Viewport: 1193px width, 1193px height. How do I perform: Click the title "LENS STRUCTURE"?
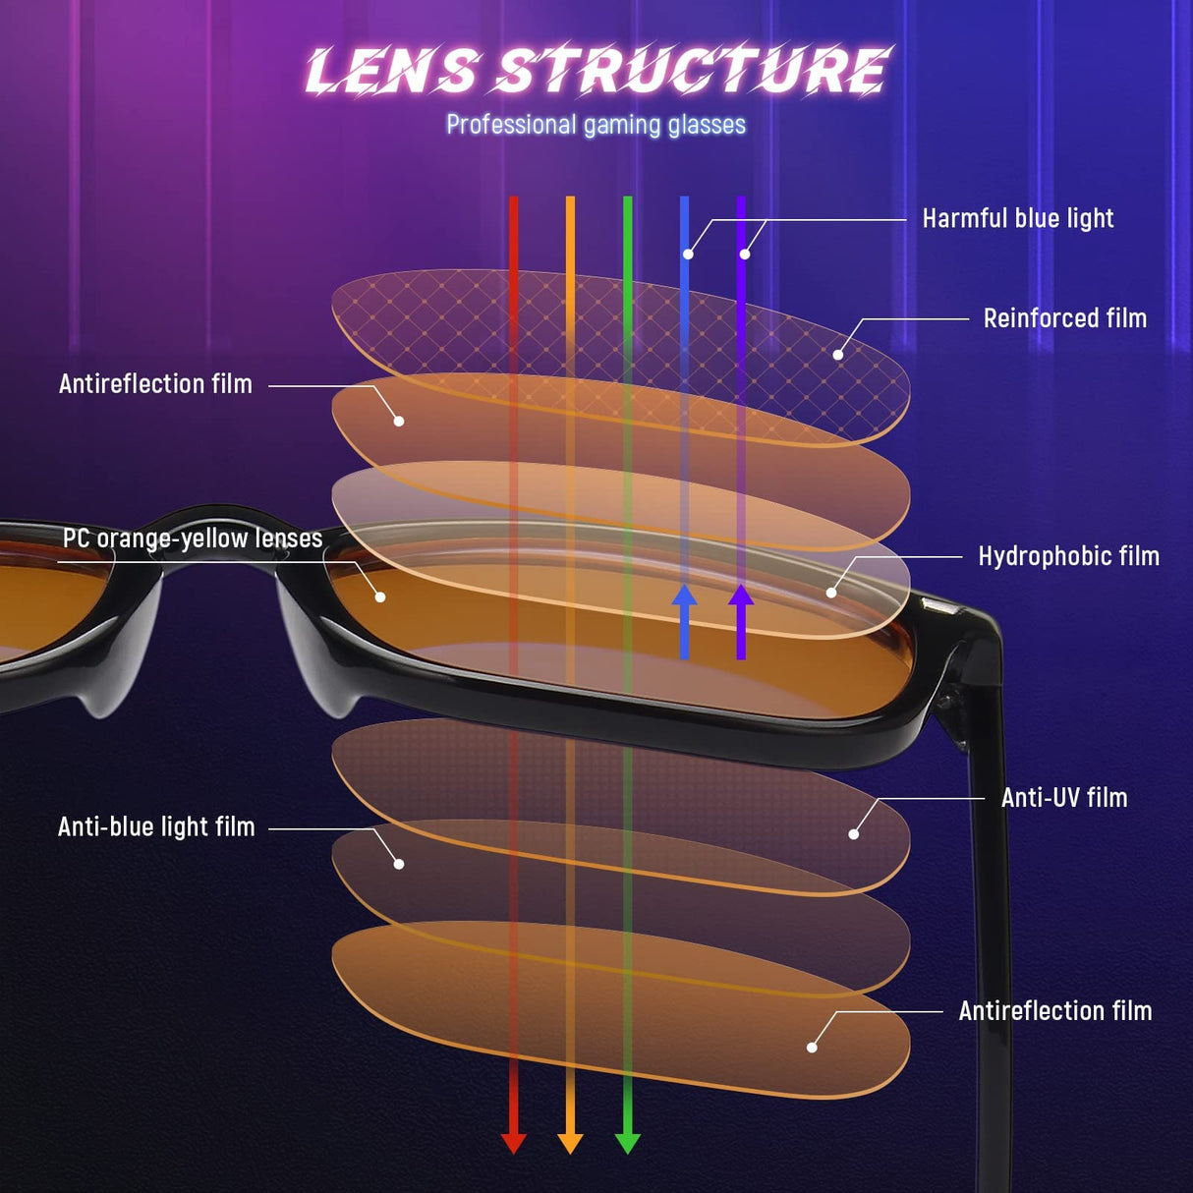[x=596, y=70]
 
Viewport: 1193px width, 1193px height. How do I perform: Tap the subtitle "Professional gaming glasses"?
[x=596, y=125]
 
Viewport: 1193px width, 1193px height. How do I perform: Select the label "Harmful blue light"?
[x=1017, y=218]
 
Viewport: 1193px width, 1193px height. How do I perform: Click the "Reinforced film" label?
[x=1064, y=318]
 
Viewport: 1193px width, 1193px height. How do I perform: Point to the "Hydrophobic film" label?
[x=1068, y=556]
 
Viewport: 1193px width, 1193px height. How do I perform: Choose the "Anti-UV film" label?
[x=1063, y=798]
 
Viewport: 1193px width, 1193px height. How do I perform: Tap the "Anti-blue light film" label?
[x=156, y=827]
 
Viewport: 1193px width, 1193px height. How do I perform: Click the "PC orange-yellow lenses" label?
[x=193, y=539]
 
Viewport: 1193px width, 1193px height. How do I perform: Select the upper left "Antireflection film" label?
[x=155, y=384]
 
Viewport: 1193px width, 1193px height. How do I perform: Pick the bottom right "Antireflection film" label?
[x=1054, y=1011]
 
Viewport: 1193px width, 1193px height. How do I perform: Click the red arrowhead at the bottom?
[x=513, y=1142]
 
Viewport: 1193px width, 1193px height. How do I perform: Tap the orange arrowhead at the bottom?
[x=570, y=1142]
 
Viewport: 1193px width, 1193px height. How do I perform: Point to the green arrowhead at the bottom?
[x=627, y=1142]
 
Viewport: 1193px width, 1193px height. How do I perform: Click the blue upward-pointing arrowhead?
[x=684, y=596]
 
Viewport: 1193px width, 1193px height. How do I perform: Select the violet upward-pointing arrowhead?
[x=741, y=596]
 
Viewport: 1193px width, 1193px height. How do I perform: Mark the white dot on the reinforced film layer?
[x=838, y=355]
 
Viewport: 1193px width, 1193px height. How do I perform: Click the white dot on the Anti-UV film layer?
[x=853, y=834]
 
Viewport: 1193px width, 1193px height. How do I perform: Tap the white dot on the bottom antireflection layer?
[x=812, y=1048]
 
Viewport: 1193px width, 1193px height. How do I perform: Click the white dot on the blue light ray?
[x=688, y=255]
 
